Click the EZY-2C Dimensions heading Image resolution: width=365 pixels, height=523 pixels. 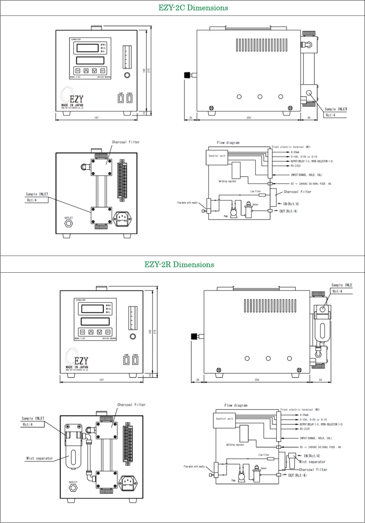193,8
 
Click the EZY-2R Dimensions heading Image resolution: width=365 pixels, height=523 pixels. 179,265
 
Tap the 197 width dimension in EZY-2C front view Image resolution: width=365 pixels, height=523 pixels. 96,118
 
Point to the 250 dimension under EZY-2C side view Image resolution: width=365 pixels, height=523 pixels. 249,118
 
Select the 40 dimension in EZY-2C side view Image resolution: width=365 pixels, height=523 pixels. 309,118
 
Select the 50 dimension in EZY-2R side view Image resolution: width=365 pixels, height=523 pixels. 320,380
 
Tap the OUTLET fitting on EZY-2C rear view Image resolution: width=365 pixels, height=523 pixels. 68,223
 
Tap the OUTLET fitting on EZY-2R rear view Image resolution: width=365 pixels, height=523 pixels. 73,488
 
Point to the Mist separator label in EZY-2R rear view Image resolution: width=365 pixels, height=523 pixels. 40,458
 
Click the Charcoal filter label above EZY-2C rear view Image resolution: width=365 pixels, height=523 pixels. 126,142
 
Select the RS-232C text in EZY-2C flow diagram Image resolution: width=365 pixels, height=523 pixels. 296,166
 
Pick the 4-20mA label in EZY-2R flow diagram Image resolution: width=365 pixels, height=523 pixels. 304,415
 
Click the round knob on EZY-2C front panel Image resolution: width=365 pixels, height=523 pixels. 127,75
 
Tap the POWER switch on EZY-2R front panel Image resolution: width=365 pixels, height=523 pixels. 135,360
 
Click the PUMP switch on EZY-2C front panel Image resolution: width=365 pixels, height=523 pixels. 121,99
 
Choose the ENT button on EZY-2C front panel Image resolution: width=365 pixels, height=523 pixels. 103,71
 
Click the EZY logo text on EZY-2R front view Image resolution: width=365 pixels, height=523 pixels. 81,361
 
